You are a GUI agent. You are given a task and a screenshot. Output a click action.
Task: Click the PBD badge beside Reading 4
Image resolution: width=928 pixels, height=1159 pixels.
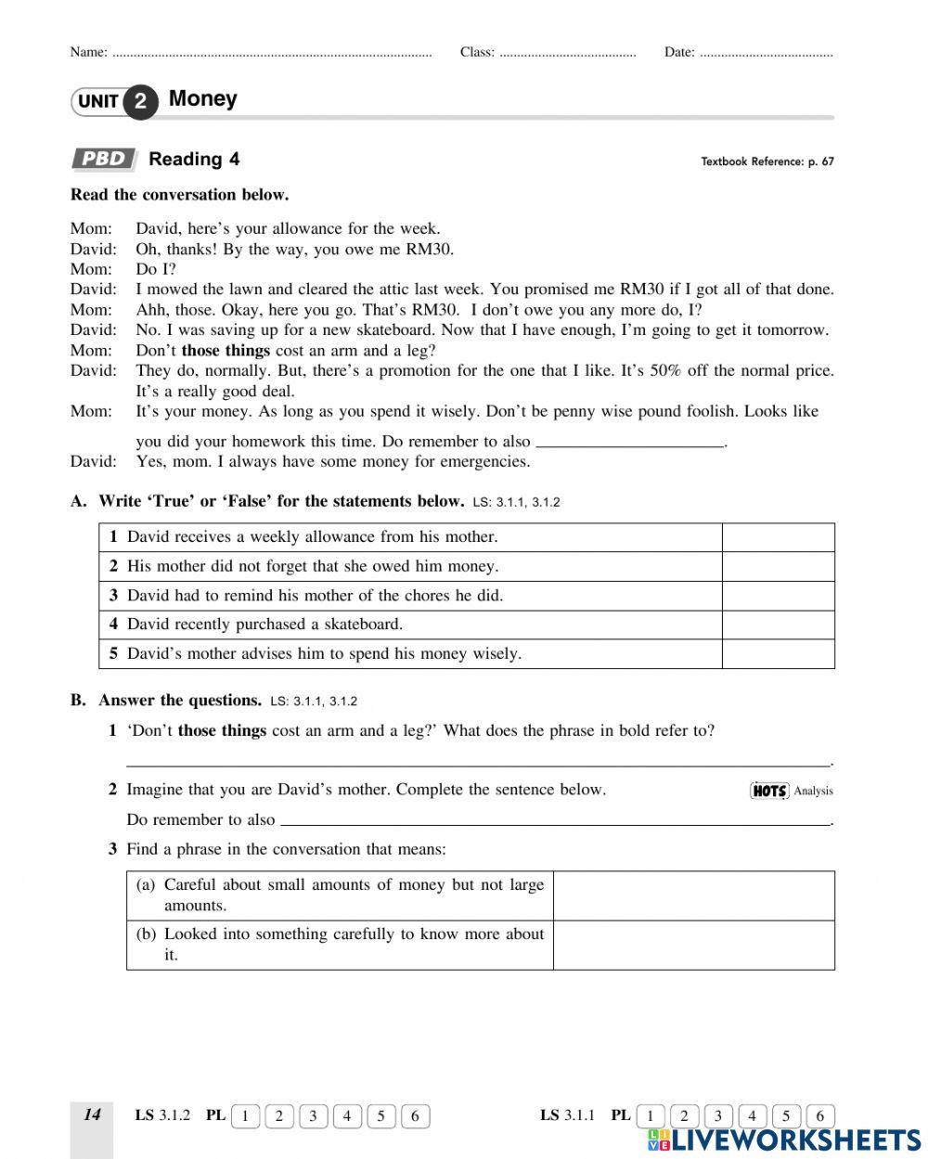[x=104, y=159]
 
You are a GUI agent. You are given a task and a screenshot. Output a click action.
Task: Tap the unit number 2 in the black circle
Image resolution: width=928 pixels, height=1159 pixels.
[x=140, y=101]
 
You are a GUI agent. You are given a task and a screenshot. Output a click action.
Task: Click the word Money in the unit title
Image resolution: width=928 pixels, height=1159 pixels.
[x=202, y=99]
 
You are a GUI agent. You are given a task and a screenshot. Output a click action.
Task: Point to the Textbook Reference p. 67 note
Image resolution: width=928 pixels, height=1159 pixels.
[x=767, y=161]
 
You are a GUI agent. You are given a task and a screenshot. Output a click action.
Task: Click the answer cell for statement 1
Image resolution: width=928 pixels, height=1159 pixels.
[x=778, y=537]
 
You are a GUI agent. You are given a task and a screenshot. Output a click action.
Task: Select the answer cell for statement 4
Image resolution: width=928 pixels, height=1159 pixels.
[x=778, y=625]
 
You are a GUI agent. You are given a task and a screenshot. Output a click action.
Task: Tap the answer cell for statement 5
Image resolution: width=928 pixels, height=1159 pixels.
[x=778, y=653]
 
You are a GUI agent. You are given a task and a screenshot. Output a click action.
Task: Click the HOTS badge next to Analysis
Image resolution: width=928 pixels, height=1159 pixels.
[x=768, y=791]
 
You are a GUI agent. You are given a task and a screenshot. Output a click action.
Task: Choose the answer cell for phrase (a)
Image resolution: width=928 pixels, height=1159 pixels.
[x=693, y=895]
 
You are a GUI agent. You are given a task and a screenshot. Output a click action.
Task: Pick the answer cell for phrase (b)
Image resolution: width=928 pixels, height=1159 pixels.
[x=693, y=945]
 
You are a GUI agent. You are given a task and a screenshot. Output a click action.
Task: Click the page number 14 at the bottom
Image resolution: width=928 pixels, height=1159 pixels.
[x=92, y=1115]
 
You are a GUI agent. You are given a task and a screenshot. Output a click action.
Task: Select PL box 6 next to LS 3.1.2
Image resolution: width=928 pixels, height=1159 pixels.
[x=415, y=1116]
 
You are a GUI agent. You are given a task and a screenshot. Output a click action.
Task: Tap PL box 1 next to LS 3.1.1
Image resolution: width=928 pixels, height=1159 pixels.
[x=651, y=1116]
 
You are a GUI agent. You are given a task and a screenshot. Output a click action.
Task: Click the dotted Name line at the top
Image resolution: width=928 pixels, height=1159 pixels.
[x=271, y=54]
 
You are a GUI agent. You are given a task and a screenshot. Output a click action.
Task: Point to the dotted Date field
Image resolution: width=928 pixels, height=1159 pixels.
[x=766, y=54]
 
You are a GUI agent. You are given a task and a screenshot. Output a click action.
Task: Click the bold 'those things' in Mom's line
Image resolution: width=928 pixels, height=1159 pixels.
[x=226, y=351]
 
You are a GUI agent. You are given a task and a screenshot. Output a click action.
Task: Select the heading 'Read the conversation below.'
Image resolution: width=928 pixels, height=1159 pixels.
[x=179, y=195]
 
